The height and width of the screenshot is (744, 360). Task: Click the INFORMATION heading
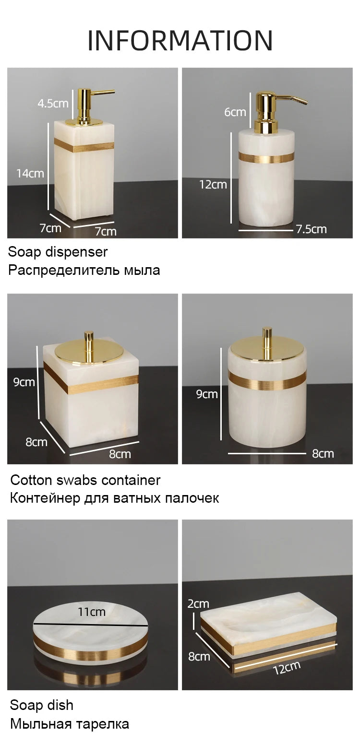pyautogui.click(x=180, y=40)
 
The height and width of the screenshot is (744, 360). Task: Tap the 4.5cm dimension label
pyautogui.click(x=53, y=103)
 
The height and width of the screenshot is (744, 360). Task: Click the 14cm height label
pyautogui.click(x=30, y=173)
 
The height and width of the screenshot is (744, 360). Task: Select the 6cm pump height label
pyautogui.click(x=235, y=112)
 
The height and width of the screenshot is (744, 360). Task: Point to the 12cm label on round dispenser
pyautogui.click(x=213, y=184)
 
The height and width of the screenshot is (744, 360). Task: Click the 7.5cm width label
pyautogui.click(x=312, y=229)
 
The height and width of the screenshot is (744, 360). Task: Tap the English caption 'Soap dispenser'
pyautogui.click(x=58, y=252)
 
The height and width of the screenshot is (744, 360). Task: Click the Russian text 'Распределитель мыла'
pyautogui.click(x=84, y=271)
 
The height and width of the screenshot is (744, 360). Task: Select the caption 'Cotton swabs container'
pyautogui.click(x=85, y=480)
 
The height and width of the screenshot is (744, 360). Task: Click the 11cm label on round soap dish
pyautogui.click(x=91, y=612)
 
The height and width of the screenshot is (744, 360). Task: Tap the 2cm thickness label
pyautogui.click(x=198, y=603)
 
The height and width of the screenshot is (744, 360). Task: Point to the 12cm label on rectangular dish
pyautogui.click(x=287, y=667)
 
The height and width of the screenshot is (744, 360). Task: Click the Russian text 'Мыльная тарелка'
pyautogui.click(x=70, y=724)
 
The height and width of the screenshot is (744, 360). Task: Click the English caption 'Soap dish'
pyautogui.click(x=42, y=706)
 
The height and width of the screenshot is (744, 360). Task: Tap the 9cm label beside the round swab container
pyautogui.click(x=207, y=394)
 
